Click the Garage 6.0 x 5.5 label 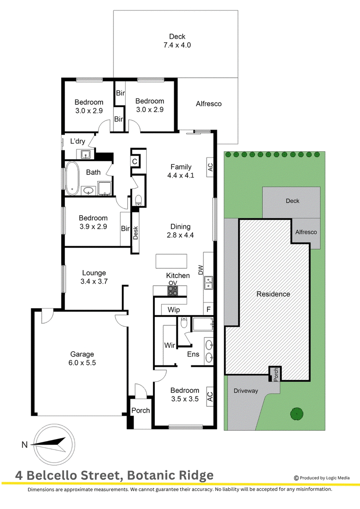pos(82,358)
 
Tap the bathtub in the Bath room pos(72,178)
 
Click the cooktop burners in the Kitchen pos(173,291)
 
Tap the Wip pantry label pos(174,310)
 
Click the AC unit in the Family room pos(210,167)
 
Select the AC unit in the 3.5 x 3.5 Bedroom pos(210,396)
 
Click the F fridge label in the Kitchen pos(208,309)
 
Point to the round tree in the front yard pos(297,414)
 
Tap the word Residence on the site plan pos(273,294)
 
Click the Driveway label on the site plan pos(246,391)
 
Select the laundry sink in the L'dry pos(85,154)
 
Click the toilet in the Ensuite pos(184,322)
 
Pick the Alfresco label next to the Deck pos(209,104)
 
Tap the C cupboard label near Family pos(135,161)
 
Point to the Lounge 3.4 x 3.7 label pos(94,277)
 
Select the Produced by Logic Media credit pos(322,477)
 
